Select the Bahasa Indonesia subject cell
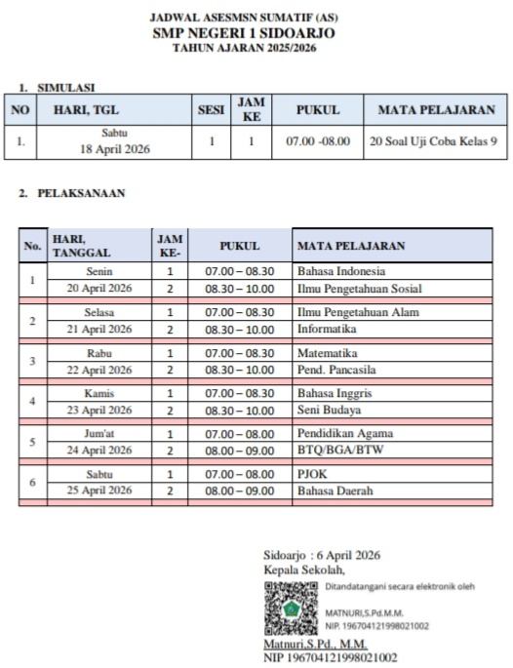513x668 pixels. (340, 271)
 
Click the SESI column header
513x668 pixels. (211, 110)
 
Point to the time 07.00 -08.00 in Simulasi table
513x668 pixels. (317, 141)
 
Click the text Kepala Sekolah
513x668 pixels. (304, 570)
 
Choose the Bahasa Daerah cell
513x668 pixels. (335, 491)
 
